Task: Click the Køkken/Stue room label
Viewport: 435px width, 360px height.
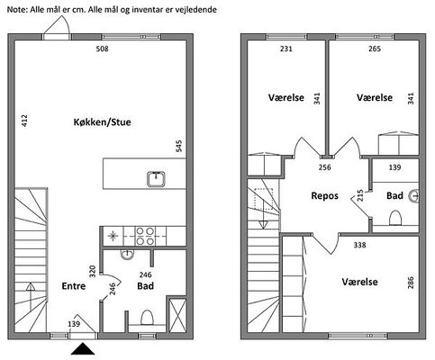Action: click(x=102, y=122)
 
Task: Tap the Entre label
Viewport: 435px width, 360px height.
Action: click(x=74, y=286)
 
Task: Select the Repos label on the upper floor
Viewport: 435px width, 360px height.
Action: click(x=324, y=196)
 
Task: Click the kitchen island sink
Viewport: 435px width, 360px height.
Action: click(x=157, y=179)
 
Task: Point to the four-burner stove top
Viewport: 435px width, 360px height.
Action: click(x=145, y=237)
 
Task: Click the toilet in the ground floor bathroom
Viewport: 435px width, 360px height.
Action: click(x=147, y=318)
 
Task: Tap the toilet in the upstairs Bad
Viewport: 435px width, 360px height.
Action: click(x=395, y=218)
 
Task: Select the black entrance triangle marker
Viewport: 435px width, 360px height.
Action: click(x=83, y=349)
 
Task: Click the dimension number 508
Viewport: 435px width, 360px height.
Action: click(x=102, y=49)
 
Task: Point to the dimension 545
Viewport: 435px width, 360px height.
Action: click(x=179, y=146)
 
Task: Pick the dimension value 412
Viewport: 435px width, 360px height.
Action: click(x=24, y=121)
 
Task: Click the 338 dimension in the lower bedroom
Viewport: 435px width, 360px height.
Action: click(x=359, y=245)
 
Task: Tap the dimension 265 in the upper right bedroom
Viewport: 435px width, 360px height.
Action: click(x=375, y=49)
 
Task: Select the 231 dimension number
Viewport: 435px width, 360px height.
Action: click(x=286, y=49)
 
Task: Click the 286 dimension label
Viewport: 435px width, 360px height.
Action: click(x=411, y=283)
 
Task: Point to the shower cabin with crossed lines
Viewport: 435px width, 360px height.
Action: click(x=177, y=315)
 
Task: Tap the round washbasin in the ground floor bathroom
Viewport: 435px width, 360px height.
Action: click(x=127, y=255)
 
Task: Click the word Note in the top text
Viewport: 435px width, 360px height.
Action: click(x=18, y=10)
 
